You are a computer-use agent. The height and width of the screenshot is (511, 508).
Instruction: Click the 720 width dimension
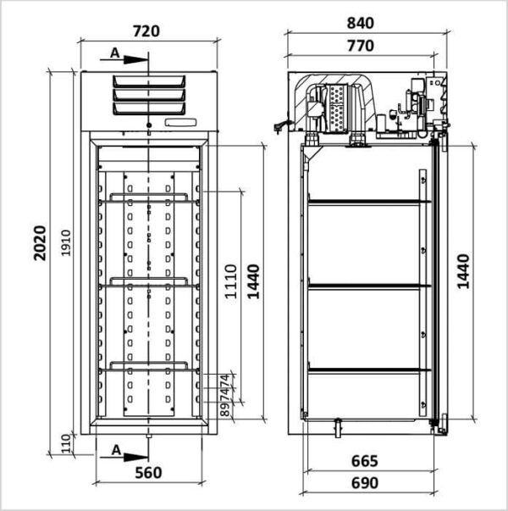[x=146, y=31]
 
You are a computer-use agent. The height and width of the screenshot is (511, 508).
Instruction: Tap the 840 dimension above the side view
[x=360, y=23]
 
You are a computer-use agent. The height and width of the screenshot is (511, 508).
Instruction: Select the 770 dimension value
[x=360, y=46]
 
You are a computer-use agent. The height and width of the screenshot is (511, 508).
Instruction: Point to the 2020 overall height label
[x=40, y=243]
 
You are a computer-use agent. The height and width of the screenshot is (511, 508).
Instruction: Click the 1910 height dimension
[x=66, y=243]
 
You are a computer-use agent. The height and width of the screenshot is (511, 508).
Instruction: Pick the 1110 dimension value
[x=231, y=281]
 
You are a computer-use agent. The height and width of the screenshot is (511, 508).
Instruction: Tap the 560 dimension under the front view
[x=148, y=473]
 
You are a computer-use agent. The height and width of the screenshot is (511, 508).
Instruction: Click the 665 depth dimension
[x=364, y=461]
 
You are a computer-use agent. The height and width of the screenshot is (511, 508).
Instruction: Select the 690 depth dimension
[x=364, y=483]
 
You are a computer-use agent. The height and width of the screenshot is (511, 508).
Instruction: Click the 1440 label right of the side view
[x=463, y=271]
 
